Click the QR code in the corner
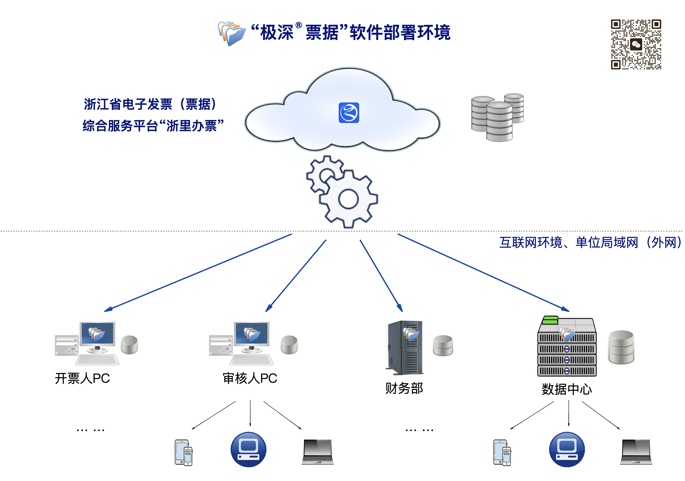click(x=636, y=45)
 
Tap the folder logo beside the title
click(x=231, y=33)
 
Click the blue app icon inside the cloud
click(x=349, y=113)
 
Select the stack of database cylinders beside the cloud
click(x=497, y=118)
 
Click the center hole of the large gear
click(x=348, y=199)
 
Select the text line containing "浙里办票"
click(x=153, y=126)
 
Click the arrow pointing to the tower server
click(x=381, y=275)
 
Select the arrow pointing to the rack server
click(x=483, y=273)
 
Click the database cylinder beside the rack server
click(x=621, y=347)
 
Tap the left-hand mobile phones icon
click(x=183, y=452)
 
